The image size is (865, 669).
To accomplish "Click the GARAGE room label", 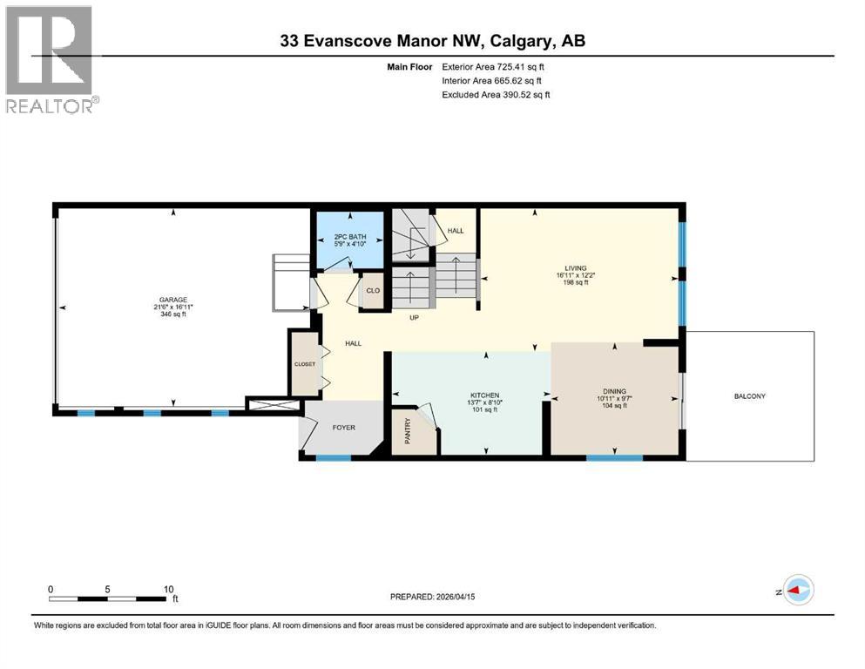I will pos(172,298).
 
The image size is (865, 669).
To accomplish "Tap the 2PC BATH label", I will pos(350,237).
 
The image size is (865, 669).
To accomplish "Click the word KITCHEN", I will pos(483,395).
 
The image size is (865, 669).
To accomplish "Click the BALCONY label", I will pos(749,396).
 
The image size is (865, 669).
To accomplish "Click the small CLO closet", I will pos(372,291).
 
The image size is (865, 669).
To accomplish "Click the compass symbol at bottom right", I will pos(797,591).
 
